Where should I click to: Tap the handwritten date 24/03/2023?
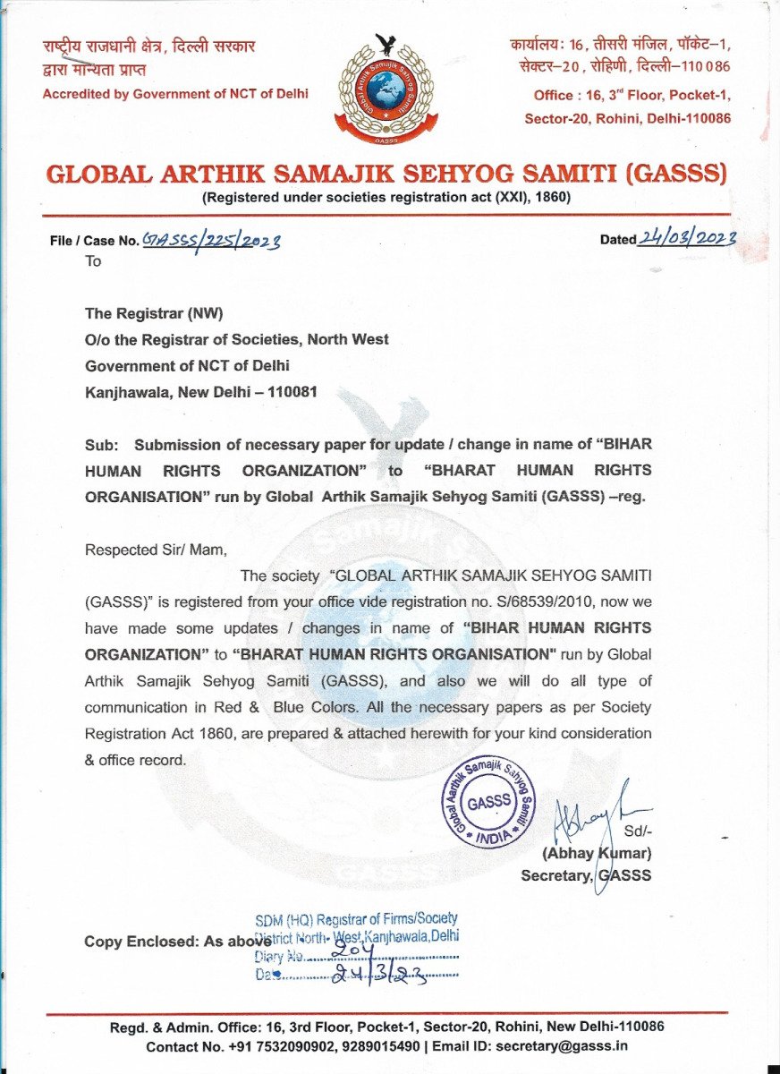click(687, 237)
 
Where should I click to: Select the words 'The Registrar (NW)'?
click(154, 313)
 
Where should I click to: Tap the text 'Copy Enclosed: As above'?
click(177, 942)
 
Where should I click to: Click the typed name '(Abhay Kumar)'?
click(597, 853)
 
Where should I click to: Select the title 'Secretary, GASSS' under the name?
click(586, 875)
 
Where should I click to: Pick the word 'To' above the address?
click(93, 261)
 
